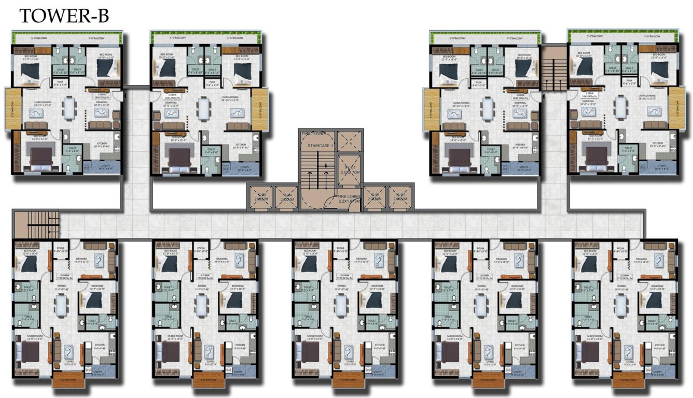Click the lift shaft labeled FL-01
(349, 169)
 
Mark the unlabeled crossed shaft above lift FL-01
(349, 140)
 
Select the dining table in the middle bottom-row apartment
(340, 305)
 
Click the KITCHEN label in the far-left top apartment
(100, 145)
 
